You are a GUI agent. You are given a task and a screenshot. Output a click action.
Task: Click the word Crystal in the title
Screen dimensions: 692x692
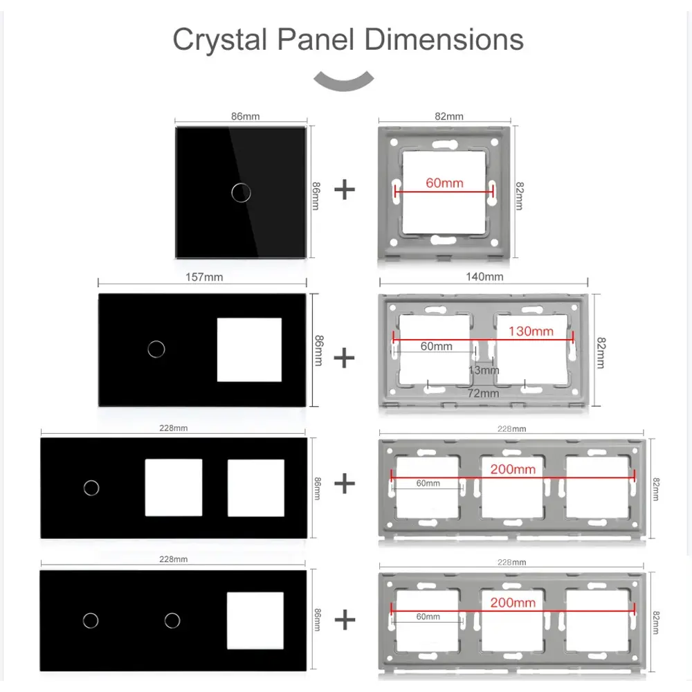(x=220, y=40)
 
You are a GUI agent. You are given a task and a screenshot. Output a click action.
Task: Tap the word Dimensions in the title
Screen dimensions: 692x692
(x=444, y=39)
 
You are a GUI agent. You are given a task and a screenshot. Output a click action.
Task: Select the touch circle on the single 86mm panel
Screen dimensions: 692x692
(x=241, y=192)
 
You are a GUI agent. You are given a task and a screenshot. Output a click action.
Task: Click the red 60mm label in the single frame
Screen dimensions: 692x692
(x=444, y=183)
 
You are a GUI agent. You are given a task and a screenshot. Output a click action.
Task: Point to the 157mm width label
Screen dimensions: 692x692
(x=204, y=277)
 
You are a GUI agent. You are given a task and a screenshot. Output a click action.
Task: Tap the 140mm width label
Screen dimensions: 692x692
(x=484, y=277)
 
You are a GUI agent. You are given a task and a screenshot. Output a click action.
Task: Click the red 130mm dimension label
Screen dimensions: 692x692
(x=531, y=331)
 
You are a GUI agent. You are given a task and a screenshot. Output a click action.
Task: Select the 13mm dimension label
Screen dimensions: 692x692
(x=484, y=370)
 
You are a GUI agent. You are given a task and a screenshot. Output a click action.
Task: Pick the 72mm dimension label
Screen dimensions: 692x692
(x=483, y=393)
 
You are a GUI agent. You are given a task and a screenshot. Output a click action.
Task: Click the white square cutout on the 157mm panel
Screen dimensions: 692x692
(x=249, y=349)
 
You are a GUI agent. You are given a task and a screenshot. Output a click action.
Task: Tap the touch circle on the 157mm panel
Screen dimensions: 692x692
(x=156, y=349)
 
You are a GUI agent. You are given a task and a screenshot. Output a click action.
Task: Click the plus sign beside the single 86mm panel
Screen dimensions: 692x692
(x=345, y=190)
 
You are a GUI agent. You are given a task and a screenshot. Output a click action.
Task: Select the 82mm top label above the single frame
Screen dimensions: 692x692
(x=449, y=116)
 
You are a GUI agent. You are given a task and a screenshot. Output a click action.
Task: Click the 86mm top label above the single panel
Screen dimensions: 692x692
(x=246, y=116)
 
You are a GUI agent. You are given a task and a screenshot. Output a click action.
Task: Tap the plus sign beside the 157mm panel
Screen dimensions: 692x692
(x=344, y=358)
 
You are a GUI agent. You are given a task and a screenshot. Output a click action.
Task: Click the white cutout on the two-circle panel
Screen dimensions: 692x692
(x=255, y=621)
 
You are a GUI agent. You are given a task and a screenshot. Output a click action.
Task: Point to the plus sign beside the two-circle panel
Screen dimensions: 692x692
(x=345, y=619)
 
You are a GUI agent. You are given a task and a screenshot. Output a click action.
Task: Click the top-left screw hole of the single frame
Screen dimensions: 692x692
(x=394, y=142)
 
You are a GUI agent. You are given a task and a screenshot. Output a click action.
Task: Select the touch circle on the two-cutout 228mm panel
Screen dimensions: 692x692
(x=91, y=488)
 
